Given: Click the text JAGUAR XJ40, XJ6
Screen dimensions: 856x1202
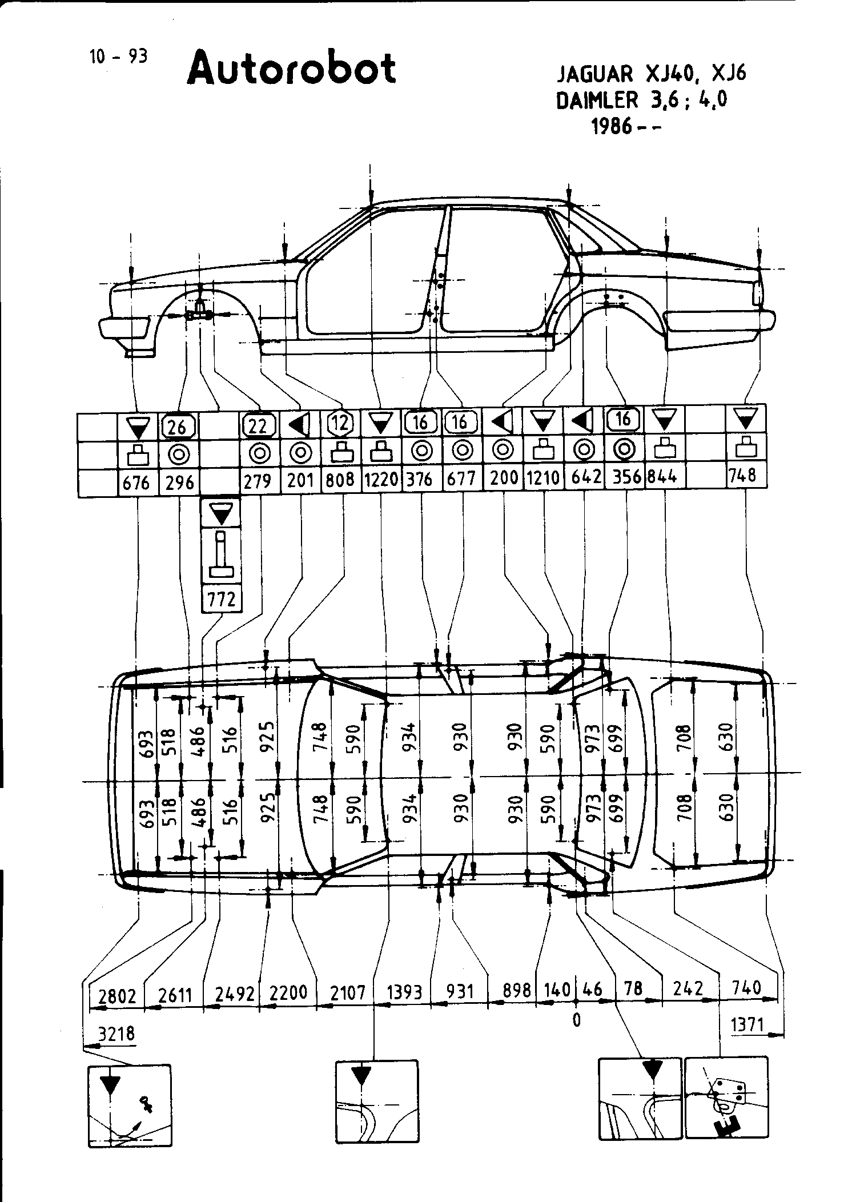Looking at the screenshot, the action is pyautogui.click(x=652, y=74).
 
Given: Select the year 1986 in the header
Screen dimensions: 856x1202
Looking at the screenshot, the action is pyautogui.click(x=613, y=126).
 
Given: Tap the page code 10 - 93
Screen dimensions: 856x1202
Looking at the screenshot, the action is pyautogui.click(x=118, y=57).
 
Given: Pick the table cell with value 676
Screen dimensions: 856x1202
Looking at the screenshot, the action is pyautogui.click(x=136, y=483).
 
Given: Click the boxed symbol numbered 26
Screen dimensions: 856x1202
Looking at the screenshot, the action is pyautogui.click(x=178, y=425).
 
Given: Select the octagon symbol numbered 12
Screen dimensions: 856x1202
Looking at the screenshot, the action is pyautogui.click(x=340, y=423).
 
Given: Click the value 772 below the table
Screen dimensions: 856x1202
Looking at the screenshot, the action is pyautogui.click(x=222, y=599).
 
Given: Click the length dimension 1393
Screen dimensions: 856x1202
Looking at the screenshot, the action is pyautogui.click(x=404, y=992).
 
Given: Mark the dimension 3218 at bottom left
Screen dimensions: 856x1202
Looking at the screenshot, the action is pyautogui.click(x=117, y=1034).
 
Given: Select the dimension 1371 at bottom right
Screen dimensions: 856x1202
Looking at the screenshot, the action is pyautogui.click(x=747, y=1025).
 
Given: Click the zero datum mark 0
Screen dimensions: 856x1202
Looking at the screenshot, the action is pyautogui.click(x=576, y=1020).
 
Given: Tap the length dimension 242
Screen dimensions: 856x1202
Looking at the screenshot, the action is pyautogui.click(x=688, y=989).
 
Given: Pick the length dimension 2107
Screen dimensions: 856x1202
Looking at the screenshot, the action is pyautogui.click(x=348, y=994).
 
